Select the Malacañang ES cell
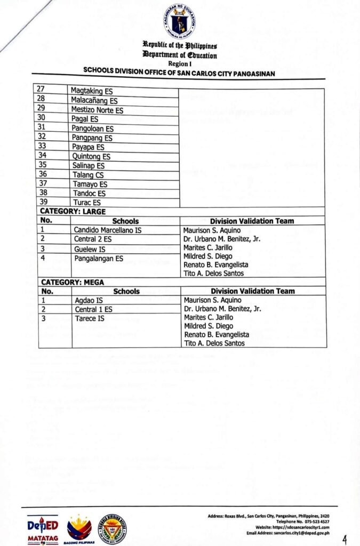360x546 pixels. [94, 100]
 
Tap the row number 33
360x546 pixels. [42, 147]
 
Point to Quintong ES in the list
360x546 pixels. [91, 156]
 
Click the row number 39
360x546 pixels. [42, 203]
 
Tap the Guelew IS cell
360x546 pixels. [90, 249]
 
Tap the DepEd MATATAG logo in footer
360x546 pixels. [43, 529]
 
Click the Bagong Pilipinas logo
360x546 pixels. [79, 529]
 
